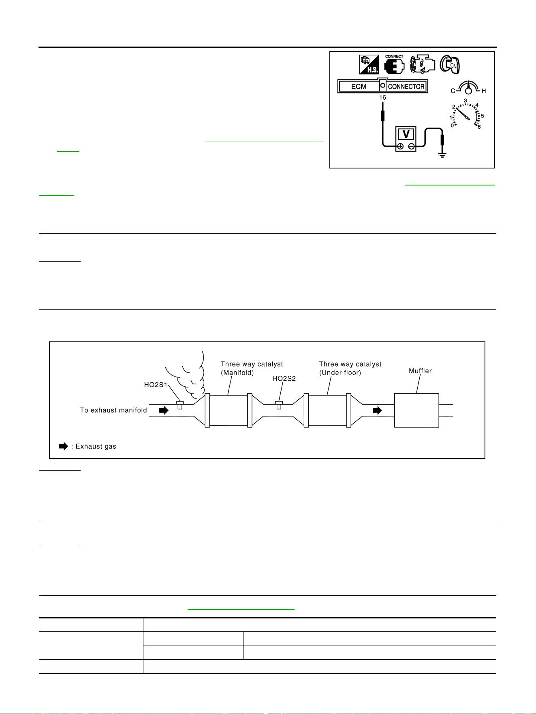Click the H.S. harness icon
369,64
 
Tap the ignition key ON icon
450,64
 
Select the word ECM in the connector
359,86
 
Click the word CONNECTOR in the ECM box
406,86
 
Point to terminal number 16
382,98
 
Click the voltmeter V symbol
406,133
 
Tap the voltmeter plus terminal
400,147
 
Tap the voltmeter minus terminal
411,147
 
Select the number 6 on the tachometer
479,127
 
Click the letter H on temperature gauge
483,91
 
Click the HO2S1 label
156,385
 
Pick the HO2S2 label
284,378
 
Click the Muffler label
420,371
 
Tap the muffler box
416,410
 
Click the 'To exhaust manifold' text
113,410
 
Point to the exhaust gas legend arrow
64,446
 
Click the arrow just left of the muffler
377,411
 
